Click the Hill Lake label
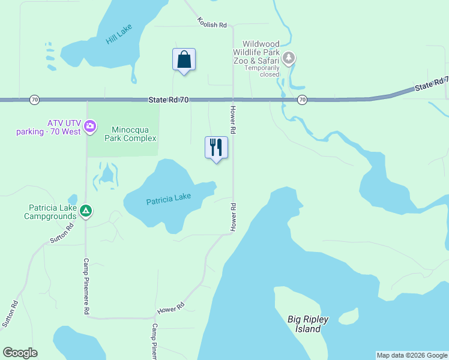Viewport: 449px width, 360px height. tap(119, 34)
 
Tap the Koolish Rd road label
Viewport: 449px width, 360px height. tap(212, 23)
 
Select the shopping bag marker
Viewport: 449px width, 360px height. tap(184, 60)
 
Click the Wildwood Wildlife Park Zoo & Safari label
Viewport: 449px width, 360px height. tap(261, 52)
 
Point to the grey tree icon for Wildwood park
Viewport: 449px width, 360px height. tap(289, 58)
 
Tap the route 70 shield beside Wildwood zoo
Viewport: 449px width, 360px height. tap(302, 99)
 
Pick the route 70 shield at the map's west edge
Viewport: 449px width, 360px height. tap(34, 99)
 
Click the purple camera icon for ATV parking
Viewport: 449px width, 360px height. tap(90, 125)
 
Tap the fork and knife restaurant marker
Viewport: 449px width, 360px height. tap(216, 147)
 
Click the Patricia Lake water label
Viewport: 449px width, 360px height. tap(168, 199)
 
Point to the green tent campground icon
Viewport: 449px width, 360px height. tap(86, 211)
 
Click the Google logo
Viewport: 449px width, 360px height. tap(20, 353)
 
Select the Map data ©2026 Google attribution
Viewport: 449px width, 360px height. tap(412, 355)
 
